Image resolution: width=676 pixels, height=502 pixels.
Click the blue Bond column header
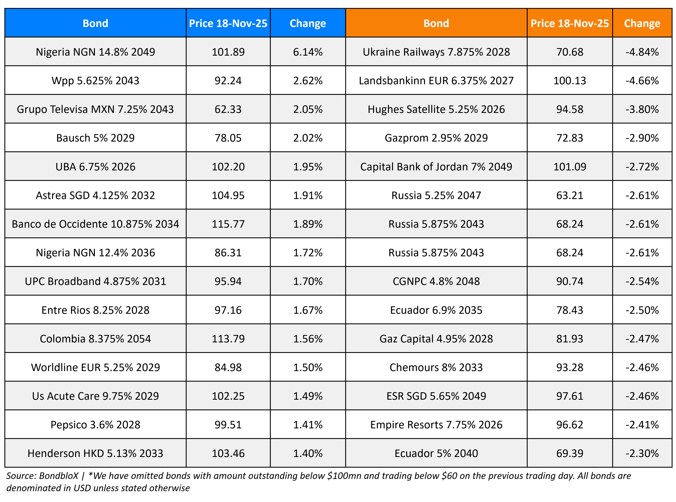tap(95, 23)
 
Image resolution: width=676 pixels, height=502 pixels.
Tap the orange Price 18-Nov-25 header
tap(569, 23)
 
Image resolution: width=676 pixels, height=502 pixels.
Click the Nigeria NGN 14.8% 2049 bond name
tap(95, 52)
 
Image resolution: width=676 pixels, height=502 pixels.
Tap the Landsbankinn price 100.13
tap(569, 81)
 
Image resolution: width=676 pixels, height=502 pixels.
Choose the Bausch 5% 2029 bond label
tap(95, 138)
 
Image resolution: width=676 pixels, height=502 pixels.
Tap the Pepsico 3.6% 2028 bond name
tap(95, 425)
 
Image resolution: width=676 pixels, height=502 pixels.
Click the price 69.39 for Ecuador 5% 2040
tap(569, 453)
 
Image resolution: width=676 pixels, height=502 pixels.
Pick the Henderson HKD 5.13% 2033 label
tap(95, 453)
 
